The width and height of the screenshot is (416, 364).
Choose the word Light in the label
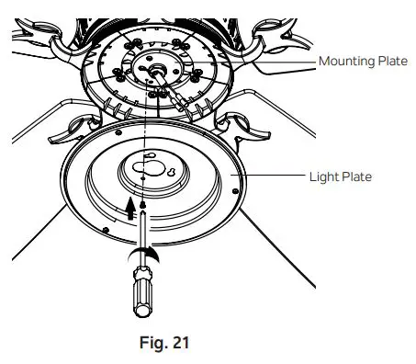tap(322, 176)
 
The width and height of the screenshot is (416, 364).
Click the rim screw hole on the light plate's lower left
tap(108, 227)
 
